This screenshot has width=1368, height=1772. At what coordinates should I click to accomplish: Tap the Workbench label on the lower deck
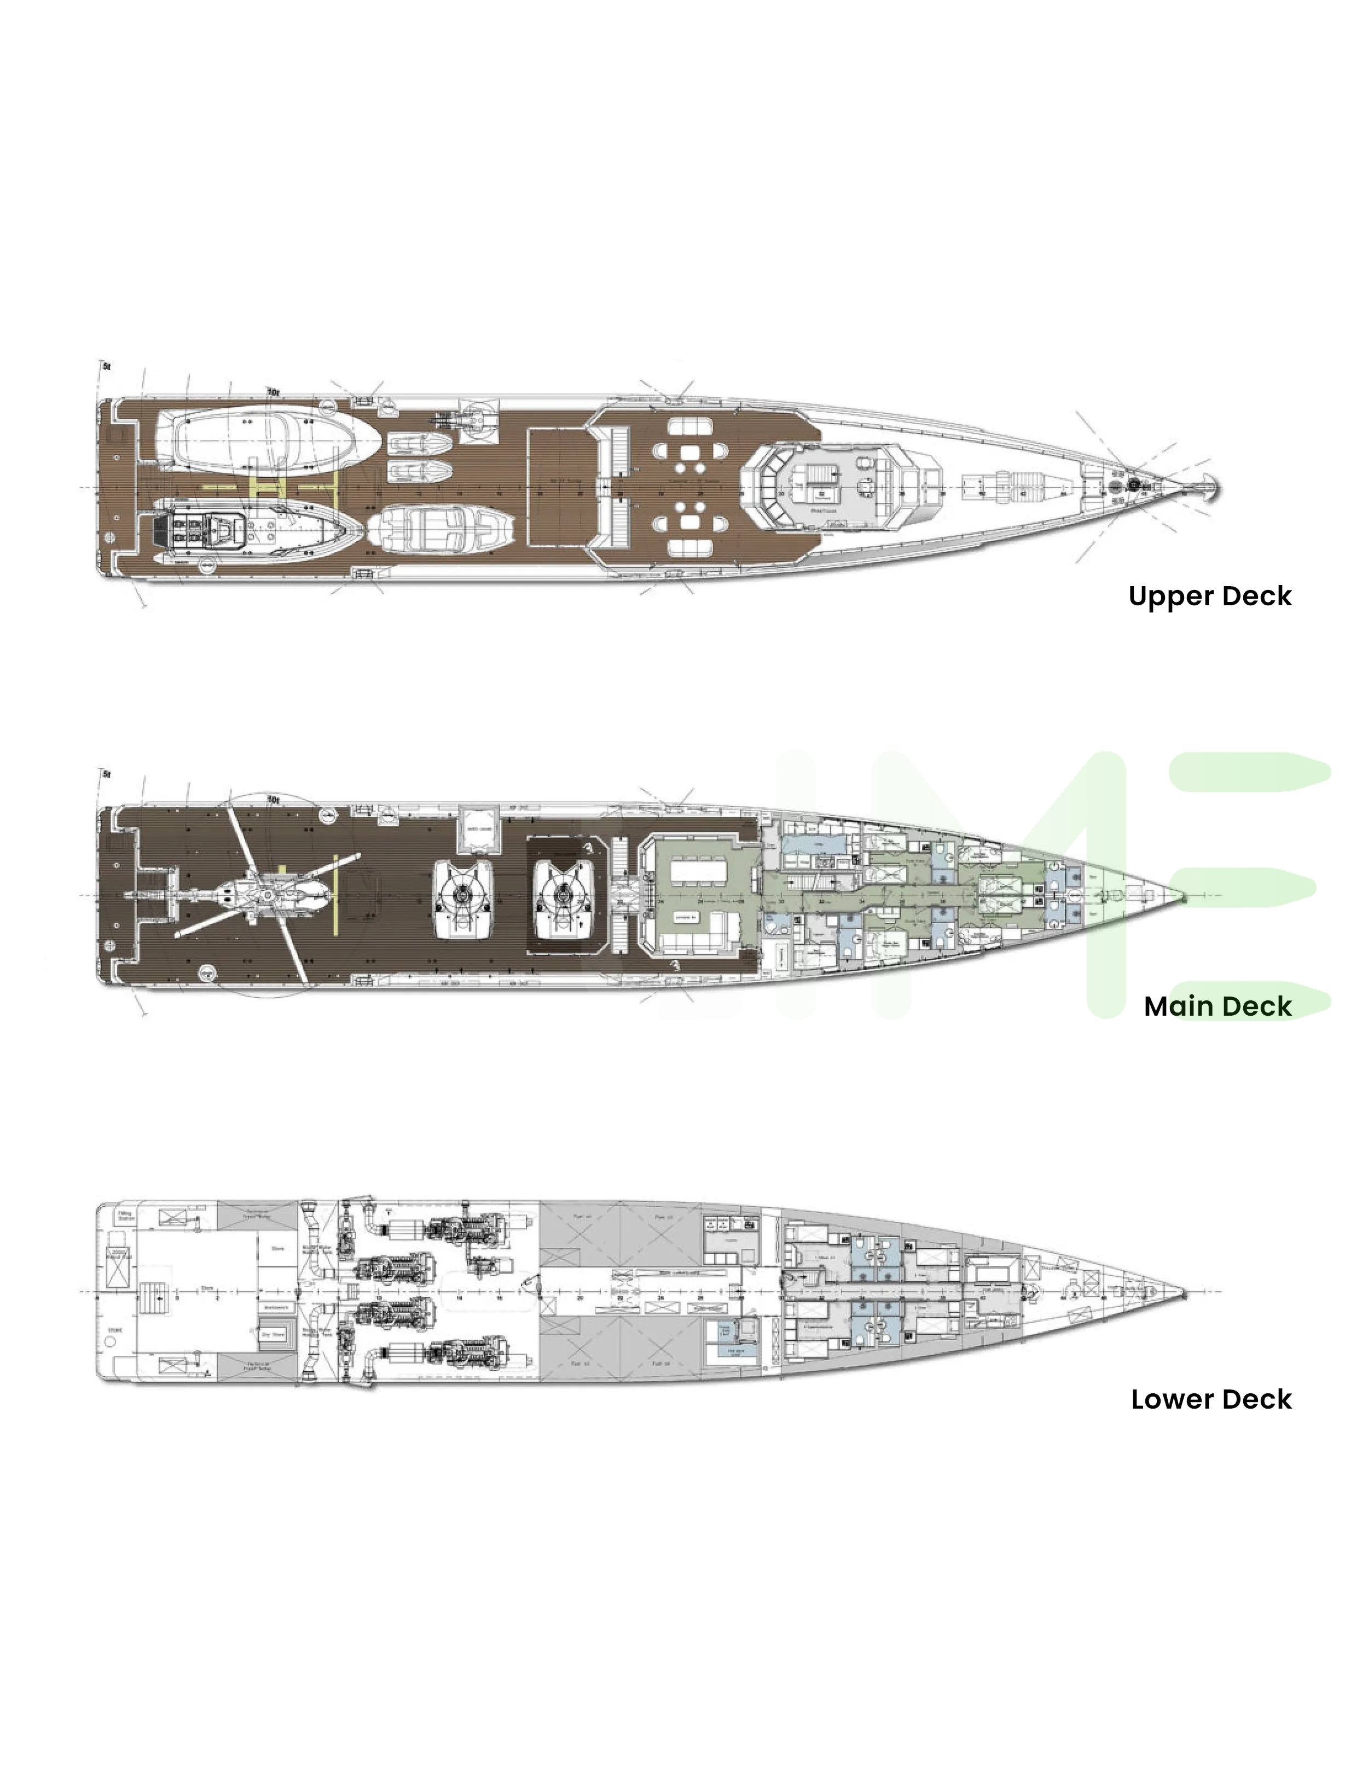[276, 1307]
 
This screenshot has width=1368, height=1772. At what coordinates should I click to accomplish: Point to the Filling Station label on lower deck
[126, 1216]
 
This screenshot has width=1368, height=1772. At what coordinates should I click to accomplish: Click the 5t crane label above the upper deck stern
[106, 367]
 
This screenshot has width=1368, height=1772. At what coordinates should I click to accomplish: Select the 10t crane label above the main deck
[274, 800]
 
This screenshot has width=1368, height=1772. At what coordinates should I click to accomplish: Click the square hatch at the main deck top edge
[477, 829]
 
